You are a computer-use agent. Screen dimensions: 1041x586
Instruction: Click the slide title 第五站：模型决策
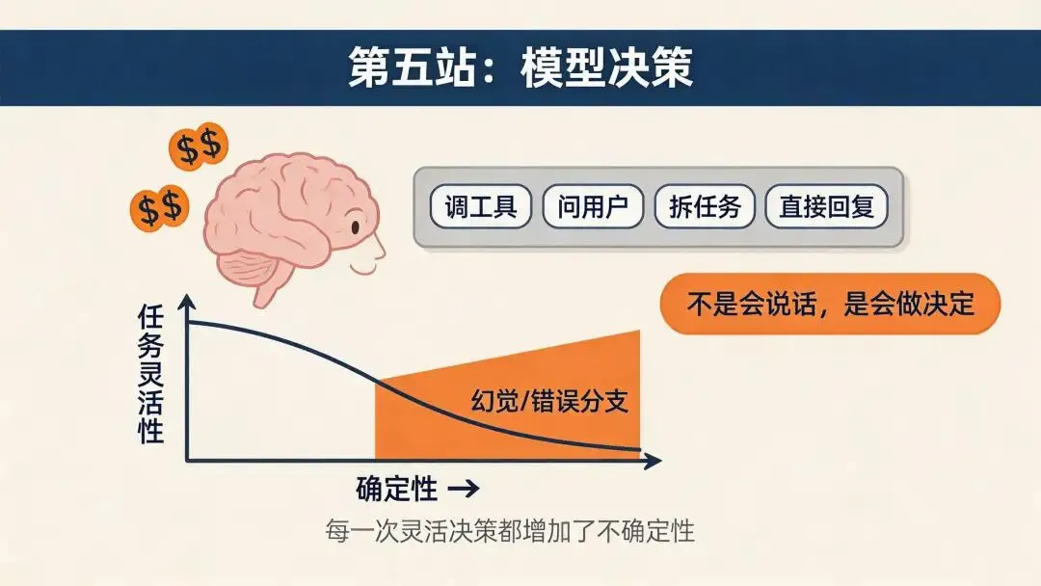click(520, 67)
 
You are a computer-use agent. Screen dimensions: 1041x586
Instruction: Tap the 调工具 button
click(480, 207)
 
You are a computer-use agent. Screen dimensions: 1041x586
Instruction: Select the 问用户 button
click(592, 207)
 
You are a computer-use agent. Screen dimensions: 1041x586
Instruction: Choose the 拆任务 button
click(705, 207)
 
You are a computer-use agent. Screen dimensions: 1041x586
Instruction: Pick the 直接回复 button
click(826, 207)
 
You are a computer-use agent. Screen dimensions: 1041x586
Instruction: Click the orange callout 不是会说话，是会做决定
click(830, 306)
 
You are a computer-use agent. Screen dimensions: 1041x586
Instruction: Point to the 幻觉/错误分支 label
click(549, 400)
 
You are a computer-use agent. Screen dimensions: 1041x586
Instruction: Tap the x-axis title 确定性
click(397, 489)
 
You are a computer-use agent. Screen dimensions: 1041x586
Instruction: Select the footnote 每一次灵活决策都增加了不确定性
click(511, 531)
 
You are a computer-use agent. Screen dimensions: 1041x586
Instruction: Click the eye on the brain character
click(354, 229)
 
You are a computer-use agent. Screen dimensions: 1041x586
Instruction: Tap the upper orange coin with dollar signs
click(198, 146)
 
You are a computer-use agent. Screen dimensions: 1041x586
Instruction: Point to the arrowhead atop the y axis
click(188, 301)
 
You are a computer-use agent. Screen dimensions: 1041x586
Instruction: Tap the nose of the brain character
click(379, 249)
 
